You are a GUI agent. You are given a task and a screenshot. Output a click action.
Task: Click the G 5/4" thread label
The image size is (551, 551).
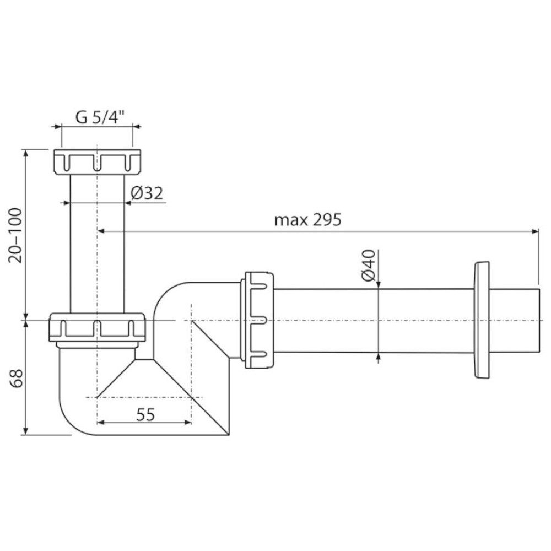coord(100,117)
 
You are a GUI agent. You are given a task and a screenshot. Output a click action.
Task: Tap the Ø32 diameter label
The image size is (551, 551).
coord(147,193)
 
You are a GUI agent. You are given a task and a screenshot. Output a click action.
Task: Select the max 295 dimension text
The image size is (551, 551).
coord(308,220)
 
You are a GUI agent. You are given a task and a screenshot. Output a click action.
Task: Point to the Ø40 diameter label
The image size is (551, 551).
coord(368,266)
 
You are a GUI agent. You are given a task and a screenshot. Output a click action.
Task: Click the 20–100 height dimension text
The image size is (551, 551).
coord(16,235)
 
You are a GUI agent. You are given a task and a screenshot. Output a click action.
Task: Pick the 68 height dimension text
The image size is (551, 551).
coord(16,378)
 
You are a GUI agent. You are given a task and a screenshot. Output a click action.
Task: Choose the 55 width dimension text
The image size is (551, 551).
coord(145,415)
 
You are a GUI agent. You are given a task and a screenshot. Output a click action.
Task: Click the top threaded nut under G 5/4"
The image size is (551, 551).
coord(98,162)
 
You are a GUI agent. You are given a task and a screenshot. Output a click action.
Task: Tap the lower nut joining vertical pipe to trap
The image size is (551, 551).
coord(97,327)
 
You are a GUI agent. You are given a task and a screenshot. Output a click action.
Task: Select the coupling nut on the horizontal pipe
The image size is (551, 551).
coord(257,320)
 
